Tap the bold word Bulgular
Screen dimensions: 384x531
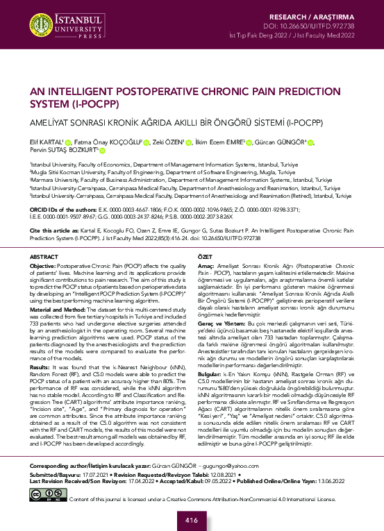point(210,364)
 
